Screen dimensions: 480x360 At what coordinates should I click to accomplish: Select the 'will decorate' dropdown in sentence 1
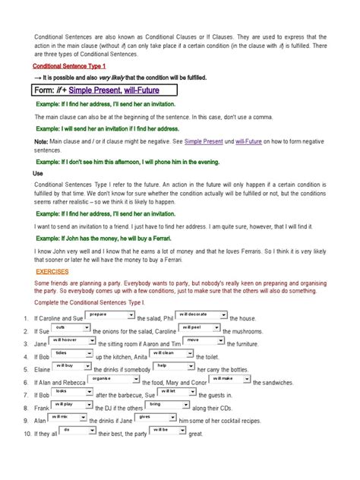(x=201, y=314)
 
